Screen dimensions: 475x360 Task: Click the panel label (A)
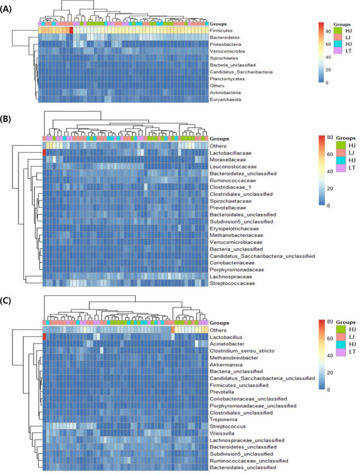click(9, 8)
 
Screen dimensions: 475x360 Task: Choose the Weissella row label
click(226, 433)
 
